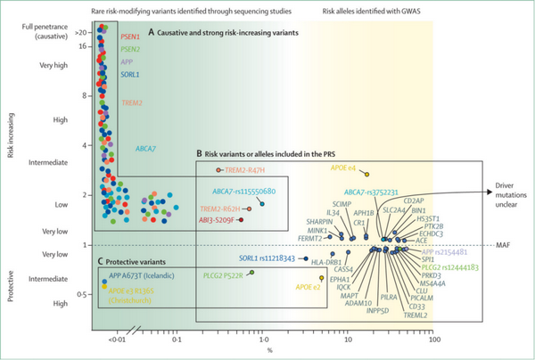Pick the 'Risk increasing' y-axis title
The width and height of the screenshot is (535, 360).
(9, 134)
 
